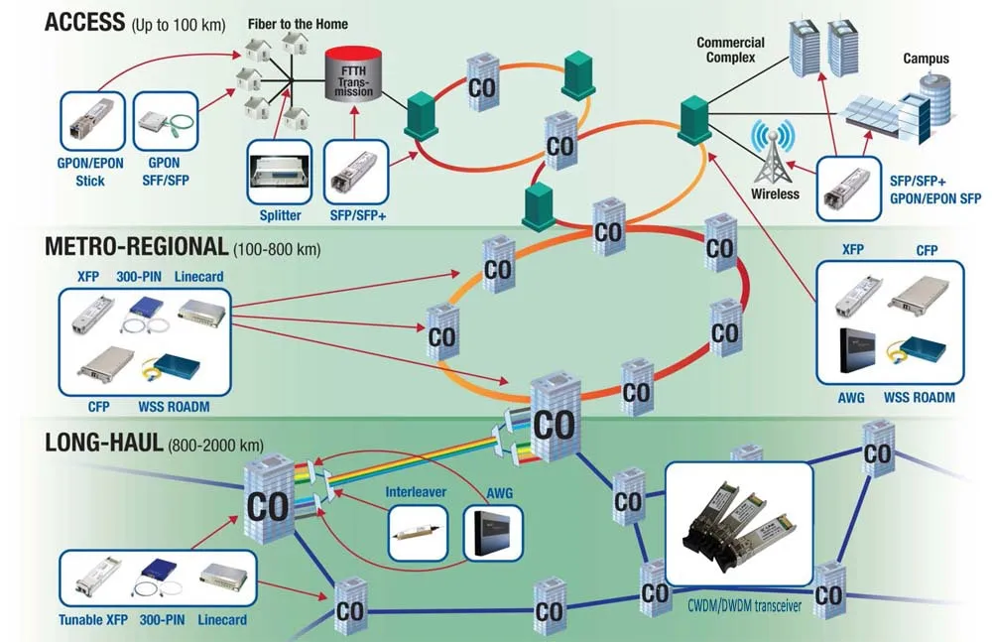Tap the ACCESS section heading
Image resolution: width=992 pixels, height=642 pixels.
[x=85, y=21]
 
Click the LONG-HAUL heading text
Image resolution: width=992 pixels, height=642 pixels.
[x=104, y=443]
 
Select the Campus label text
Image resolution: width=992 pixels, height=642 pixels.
[x=925, y=59]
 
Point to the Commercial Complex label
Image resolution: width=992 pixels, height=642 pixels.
[x=730, y=50]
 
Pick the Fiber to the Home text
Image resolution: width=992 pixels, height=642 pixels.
[x=298, y=23]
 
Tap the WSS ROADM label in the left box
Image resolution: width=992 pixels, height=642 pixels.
[x=175, y=406]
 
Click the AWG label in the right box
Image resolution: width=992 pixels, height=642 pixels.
[x=851, y=397]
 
